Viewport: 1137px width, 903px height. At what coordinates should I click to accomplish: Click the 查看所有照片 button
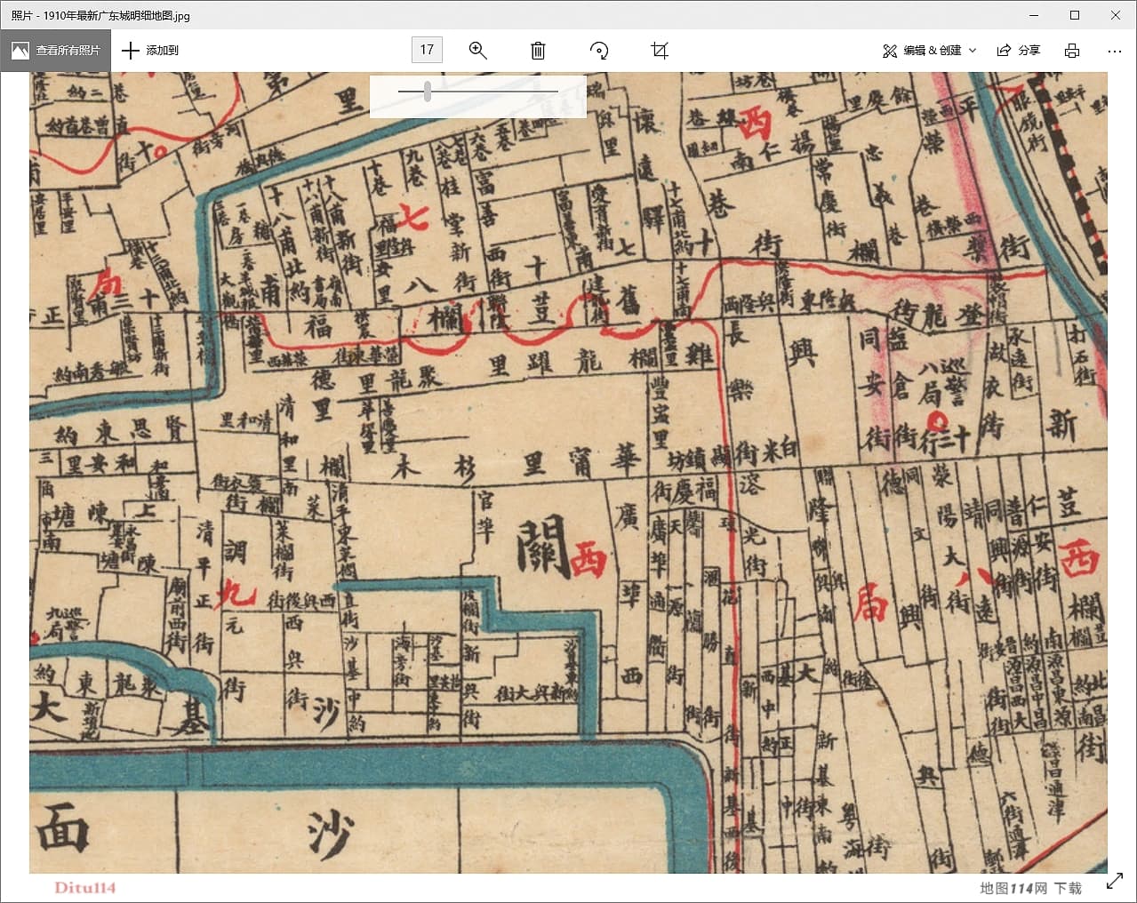56,51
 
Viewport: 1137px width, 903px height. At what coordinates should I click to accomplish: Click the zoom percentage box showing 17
427,50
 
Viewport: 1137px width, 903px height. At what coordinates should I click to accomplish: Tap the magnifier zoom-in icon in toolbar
478,51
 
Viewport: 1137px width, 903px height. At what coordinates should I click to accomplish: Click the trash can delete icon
538,51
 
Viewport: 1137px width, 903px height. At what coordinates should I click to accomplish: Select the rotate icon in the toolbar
599,51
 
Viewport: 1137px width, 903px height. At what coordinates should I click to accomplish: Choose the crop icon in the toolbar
660,51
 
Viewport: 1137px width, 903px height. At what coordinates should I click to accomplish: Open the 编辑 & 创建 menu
929,51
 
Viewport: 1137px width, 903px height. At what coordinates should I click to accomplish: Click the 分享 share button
1019,51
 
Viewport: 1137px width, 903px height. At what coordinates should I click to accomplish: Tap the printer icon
1072,51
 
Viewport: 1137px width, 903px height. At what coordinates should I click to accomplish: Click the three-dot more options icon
1114,51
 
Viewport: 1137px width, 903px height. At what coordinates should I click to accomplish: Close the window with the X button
1116,15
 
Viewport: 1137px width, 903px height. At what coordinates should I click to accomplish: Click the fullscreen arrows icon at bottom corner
1114,882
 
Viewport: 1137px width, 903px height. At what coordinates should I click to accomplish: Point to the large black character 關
542,547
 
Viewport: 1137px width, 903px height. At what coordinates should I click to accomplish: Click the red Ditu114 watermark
85,887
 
